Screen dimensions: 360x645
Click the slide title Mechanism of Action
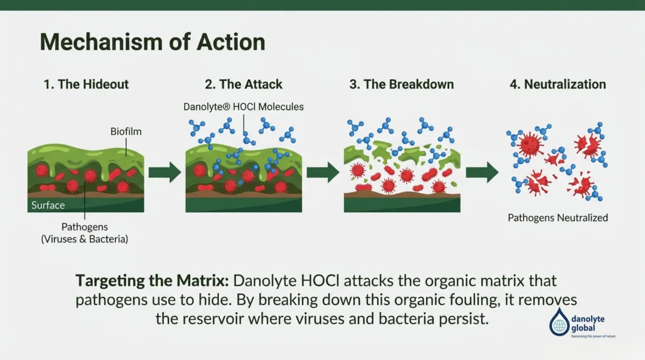(x=152, y=42)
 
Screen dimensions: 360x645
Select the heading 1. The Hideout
(x=85, y=84)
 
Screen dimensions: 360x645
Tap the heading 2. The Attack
(x=243, y=84)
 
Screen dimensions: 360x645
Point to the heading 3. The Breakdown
(x=401, y=84)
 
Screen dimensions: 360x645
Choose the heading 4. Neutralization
(x=557, y=84)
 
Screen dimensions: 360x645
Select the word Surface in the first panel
(x=48, y=205)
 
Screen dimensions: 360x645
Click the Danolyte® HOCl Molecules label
(x=243, y=106)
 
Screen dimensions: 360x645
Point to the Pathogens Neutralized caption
(x=558, y=218)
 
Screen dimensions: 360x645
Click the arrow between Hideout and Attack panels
(x=165, y=172)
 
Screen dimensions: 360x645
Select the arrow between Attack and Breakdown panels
(x=322, y=172)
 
